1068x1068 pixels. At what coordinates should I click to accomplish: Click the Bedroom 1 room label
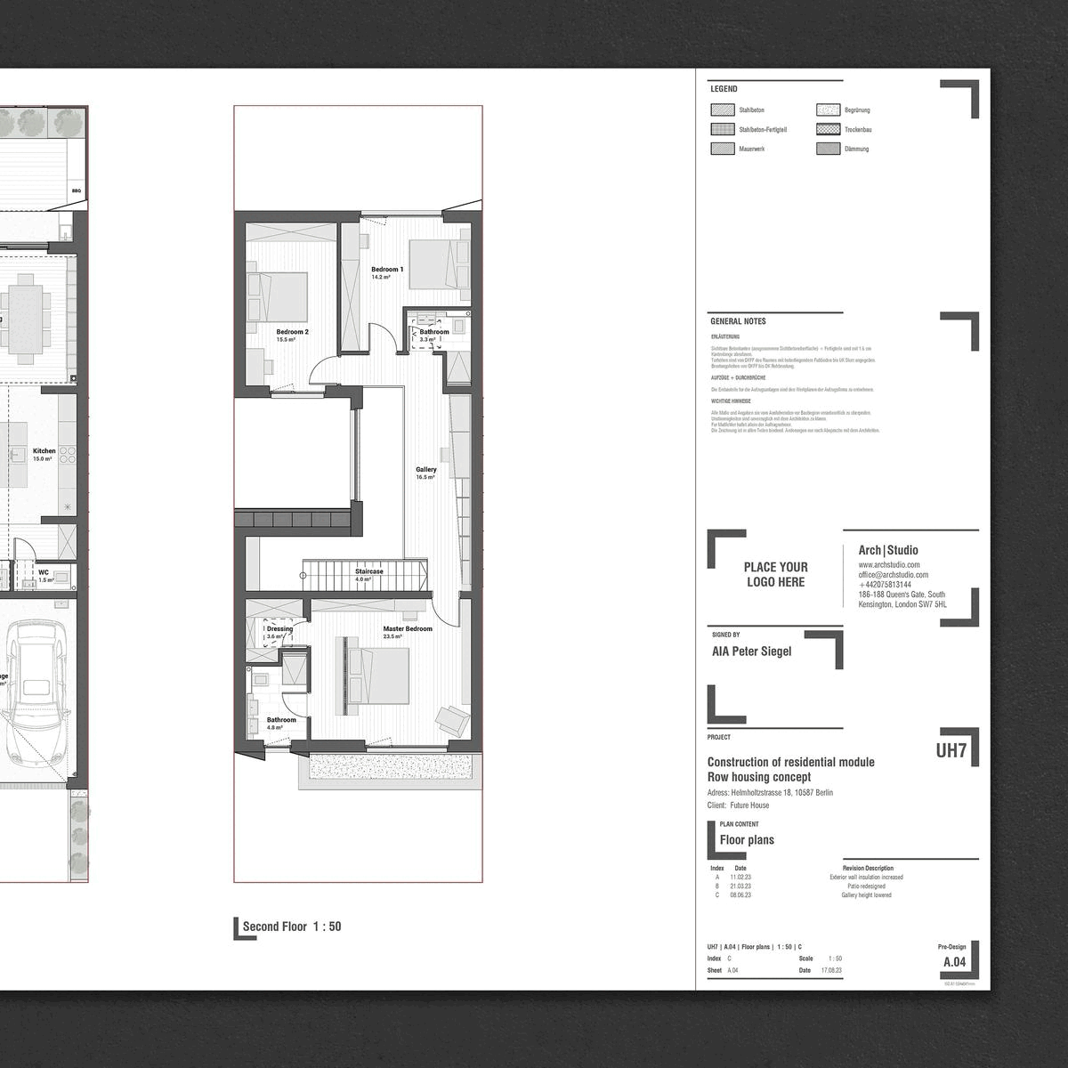pyautogui.click(x=387, y=270)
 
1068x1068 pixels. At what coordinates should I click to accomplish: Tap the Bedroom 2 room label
pyautogui.click(x=292, y=332)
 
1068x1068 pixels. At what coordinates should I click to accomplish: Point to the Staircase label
pyautogui.click(x=368, y=571)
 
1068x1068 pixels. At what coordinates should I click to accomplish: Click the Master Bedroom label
pyautogui.click(x=407, y=629)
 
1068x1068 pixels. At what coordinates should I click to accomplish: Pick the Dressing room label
pyautogui.click(x=279, y=629)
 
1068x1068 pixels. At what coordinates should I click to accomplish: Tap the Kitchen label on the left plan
pyautogui.click(x=44, y=451)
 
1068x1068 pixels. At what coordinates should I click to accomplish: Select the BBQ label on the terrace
pyautogui.click(x=76, y=190)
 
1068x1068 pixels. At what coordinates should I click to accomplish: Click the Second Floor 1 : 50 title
pyautogui.click(x=291, y=926)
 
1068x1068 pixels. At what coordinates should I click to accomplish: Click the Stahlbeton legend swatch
pyautogui.click(x=722, y=110)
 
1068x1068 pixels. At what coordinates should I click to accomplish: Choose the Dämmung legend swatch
pyautogui.click(x=828, y=150)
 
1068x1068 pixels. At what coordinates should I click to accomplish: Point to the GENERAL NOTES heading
pyautogui.click(x=738, y=321)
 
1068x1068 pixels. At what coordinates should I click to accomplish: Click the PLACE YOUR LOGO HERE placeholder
pyautogui.click(x=775, y=574)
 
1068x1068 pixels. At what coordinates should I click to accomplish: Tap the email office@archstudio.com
pyautogui.click(x=893, y=575)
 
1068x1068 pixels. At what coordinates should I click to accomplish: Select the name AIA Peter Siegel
pyautogui.click(x=751, y=651)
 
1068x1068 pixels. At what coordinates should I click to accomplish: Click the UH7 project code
pyautogui.click(x=951, y=750)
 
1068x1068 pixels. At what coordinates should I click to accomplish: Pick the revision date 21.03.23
pyautogui.click(x=740, y=886)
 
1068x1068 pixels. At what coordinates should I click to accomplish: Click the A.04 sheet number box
pyautogui.click(x=953, y=962)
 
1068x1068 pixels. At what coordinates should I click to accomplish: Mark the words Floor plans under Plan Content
pyautogui.click(x=747, y=840)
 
